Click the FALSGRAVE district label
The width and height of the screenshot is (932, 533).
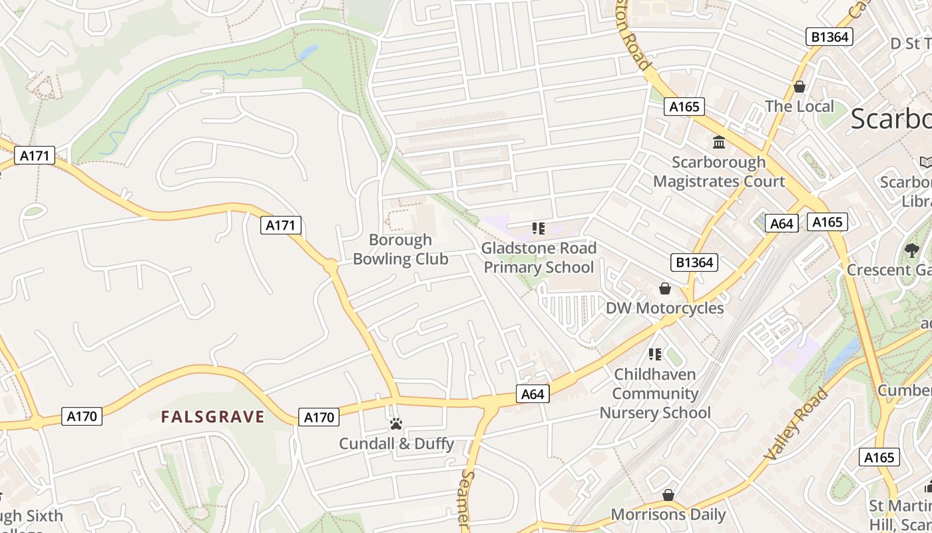click(x=213, y=417)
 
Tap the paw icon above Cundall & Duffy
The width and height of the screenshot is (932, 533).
click(x=396, y=424)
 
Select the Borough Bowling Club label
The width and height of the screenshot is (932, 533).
click(x=400, y=249)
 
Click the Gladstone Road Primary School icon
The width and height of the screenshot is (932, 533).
click(x=539, y=229)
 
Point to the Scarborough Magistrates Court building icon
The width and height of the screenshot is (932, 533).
click(x=719, y=142)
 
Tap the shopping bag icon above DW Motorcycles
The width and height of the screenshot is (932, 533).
click(x=664, y=288)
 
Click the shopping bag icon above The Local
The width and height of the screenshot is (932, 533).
click(x=799, y=87)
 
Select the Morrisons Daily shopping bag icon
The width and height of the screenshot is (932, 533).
click(x=668, y=495)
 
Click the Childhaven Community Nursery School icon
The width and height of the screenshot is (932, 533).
click(x=655, y=354)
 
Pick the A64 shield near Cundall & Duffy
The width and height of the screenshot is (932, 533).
click(x=533, y=394)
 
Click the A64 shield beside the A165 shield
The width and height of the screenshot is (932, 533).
click(x=781, y=223)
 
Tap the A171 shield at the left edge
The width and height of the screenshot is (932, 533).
click(x=34, y=156)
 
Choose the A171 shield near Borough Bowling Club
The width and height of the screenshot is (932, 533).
click(x=280, y=225)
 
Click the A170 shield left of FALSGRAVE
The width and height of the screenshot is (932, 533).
click(x=83, y=416)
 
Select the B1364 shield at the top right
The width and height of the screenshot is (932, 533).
click(x=829, y=37)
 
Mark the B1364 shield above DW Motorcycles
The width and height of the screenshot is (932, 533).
click(x=694, y=263)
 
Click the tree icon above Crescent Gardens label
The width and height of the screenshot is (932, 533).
click(x=911, y=251)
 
